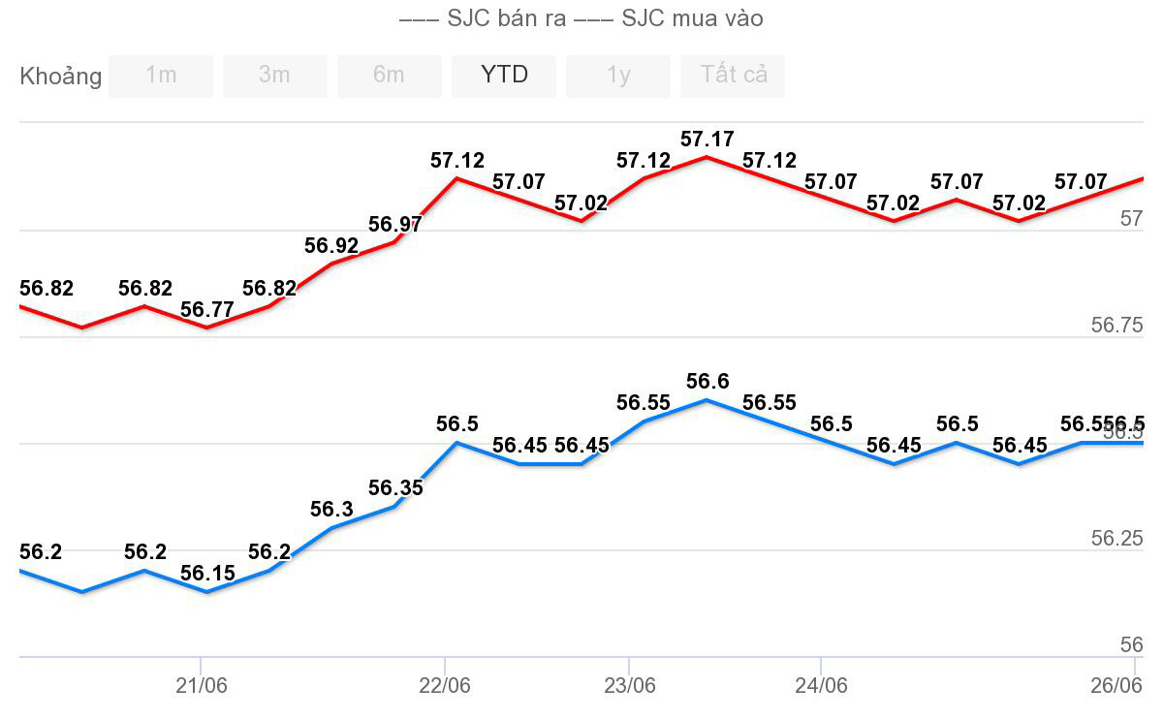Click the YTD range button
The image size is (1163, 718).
click(x=504, y=76)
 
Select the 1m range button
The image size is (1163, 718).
click(x=161, y=76)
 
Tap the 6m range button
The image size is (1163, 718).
click(x=389, y=76)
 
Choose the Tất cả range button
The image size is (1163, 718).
click(x=733, y=76)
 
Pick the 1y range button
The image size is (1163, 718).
click(x=618, y=76)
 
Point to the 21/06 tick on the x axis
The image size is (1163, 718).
click(x=202, y=686)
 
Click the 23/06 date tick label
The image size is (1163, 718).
click(x=630, y=686)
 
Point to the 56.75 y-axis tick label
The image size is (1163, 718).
click(x=1116, y=326)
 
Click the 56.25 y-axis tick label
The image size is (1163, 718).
click(x=1116, y=539)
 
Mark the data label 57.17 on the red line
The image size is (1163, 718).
click(x=707, y=140)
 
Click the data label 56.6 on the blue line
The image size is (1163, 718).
click(x=707, y=382)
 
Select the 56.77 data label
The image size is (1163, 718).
click(x=207, y=310)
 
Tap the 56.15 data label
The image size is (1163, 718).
click(x=207, y=574)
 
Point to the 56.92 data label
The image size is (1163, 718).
click(x=331, y=246)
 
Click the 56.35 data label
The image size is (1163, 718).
click(x=395, y=487)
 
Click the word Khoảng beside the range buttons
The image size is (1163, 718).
click(x=60, y=77)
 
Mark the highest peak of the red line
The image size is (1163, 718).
click(x=707, y=156)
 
